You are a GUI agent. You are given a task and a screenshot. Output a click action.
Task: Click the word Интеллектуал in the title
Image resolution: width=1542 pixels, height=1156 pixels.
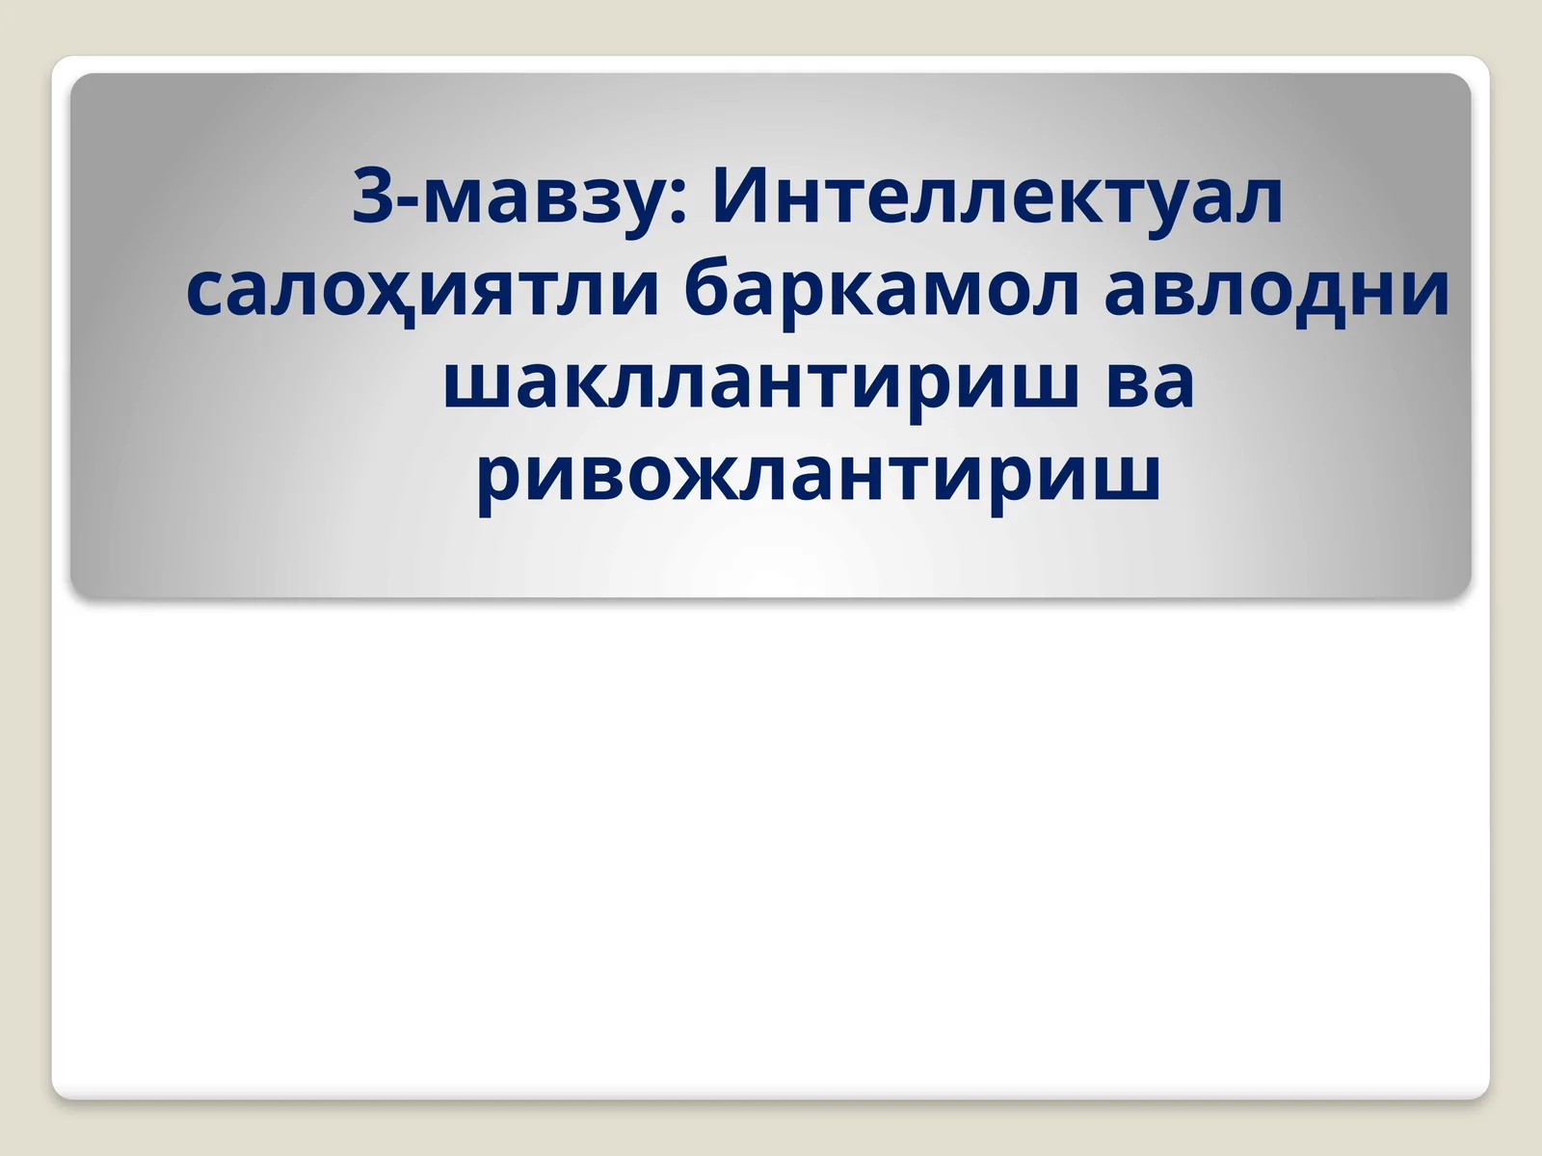pyautogui.click(x=997, y=197)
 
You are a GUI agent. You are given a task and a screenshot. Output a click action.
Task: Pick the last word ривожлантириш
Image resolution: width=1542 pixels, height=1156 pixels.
pyautogui.click(x=818, y=474)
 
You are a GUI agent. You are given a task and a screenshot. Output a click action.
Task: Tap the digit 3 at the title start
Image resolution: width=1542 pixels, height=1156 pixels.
pyautogui.click(x=371, y=197)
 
